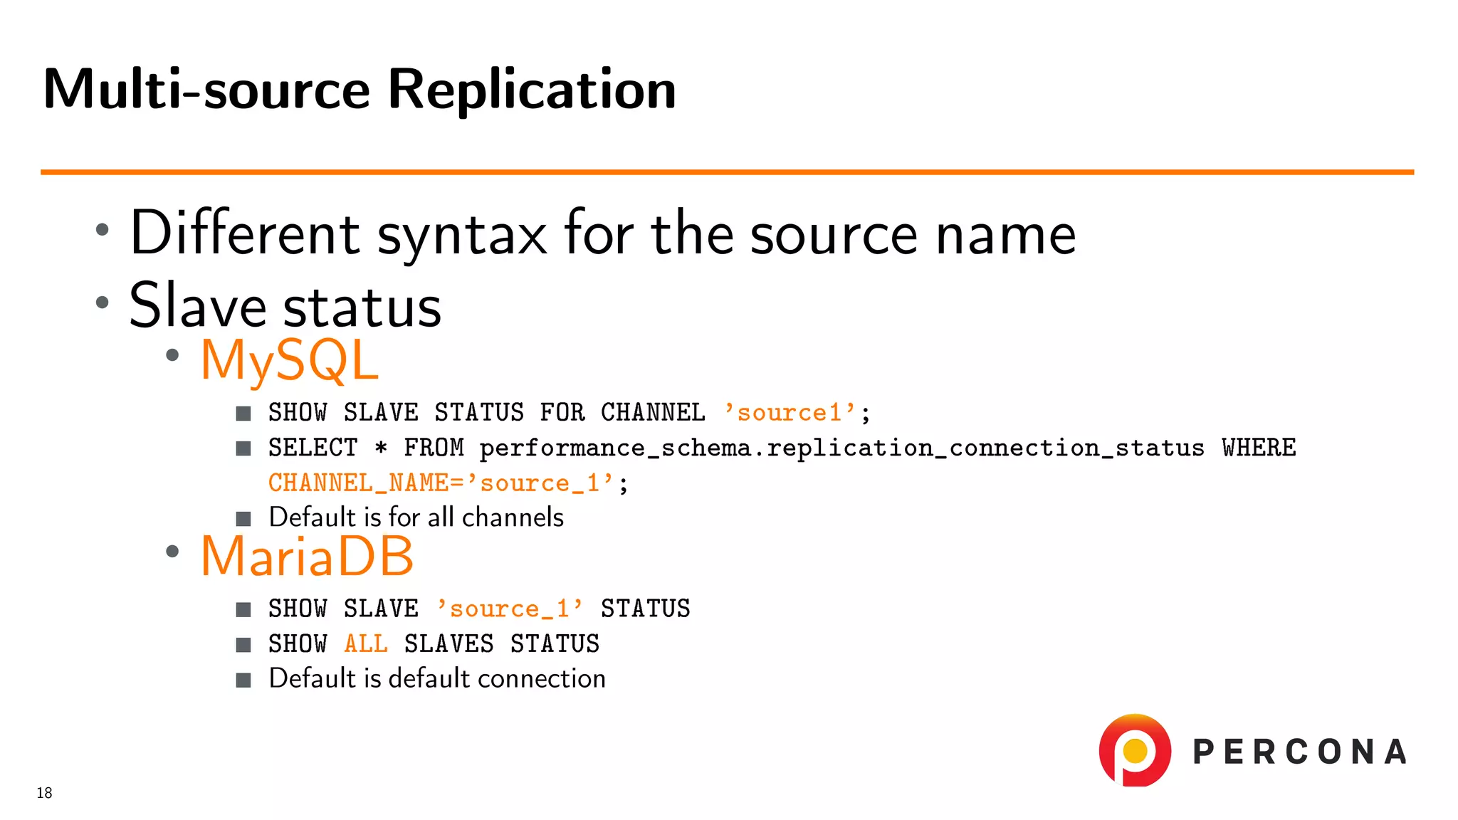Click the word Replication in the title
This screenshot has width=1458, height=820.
coord(531,90)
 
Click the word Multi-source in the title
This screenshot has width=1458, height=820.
coord(206,90)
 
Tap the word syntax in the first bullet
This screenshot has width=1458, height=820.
coord(461,235)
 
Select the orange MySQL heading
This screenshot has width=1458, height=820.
coord(289,360)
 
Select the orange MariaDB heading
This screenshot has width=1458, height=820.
coord(307,556)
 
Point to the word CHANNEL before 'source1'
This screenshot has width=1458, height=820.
coord(653,412)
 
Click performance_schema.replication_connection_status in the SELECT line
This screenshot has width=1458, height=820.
coord(841,448)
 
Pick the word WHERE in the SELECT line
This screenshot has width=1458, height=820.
coord(1259,448)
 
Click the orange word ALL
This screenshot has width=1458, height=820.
coord(366,643)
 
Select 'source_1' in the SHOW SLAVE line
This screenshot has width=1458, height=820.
coord(510,609)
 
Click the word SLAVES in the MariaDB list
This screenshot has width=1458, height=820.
coord(449,643)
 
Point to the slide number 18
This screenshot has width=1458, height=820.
coord(44,793)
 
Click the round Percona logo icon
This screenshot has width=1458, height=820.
coord(1135,750)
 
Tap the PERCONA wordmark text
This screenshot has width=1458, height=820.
coord(1299,752)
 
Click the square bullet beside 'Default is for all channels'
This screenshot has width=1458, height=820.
coord(243,518)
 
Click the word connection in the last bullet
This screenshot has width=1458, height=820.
coord(541,678)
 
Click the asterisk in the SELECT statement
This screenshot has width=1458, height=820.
coord(381,448)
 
